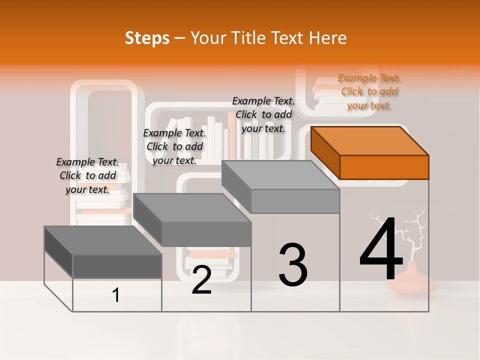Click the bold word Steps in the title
pos(147,38)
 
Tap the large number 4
pos(381,250)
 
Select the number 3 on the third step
pos(293,265)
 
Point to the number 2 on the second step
pos(201,280)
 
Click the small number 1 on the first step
pos(116,295)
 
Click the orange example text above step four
pos(369,91)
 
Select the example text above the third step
pos(263,114)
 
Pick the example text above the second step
pos(174,146)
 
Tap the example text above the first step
pos(87,175)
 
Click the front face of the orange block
pos(384,167)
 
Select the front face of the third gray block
pos(295,201)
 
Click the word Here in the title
pos(329,38)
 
